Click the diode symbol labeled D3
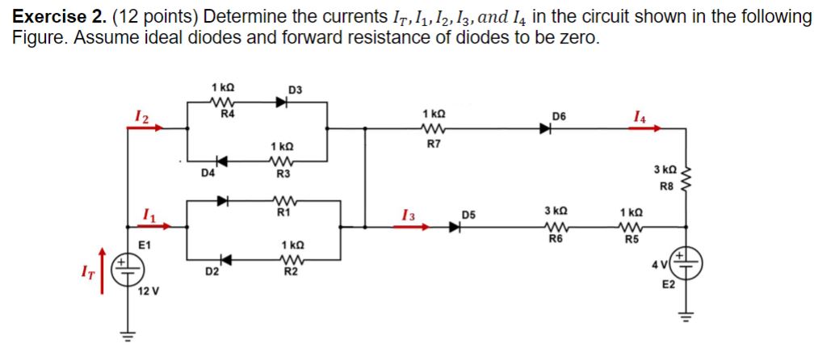tap(281, 103)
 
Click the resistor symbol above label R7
tap(431, 128)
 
